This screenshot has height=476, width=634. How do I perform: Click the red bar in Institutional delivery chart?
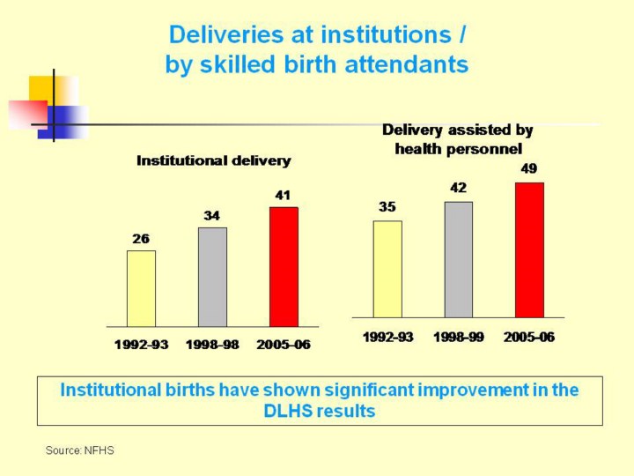284,267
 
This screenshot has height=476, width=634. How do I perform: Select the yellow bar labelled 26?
141,288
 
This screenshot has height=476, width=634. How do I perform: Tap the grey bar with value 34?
212,277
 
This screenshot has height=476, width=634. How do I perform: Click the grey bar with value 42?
458,259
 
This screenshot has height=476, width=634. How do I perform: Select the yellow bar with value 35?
387,269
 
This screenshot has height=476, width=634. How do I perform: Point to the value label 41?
284,195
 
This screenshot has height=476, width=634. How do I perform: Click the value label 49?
529,168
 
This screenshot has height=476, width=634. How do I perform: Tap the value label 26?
141,238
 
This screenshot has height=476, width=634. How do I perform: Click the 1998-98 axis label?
212,345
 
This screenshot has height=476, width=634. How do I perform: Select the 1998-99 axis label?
458,337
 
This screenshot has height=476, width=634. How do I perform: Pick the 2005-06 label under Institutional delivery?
284,345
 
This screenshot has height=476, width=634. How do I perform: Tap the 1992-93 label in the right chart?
387,337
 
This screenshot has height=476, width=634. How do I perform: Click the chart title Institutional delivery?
213,160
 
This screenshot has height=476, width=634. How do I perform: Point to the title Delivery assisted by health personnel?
458,139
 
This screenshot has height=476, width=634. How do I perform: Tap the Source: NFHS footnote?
80,450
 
